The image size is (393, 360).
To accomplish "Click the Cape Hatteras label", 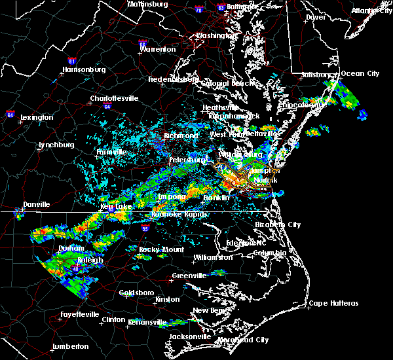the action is (334, 303).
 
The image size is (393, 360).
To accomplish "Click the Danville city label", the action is (37, 204).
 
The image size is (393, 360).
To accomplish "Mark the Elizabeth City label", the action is (278, 225).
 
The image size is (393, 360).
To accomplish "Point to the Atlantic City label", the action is (371, 10).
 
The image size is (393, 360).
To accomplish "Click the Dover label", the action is (316, 17).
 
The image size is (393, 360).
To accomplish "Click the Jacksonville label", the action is (189, 336).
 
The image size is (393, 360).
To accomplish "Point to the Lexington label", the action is (37, 117).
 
